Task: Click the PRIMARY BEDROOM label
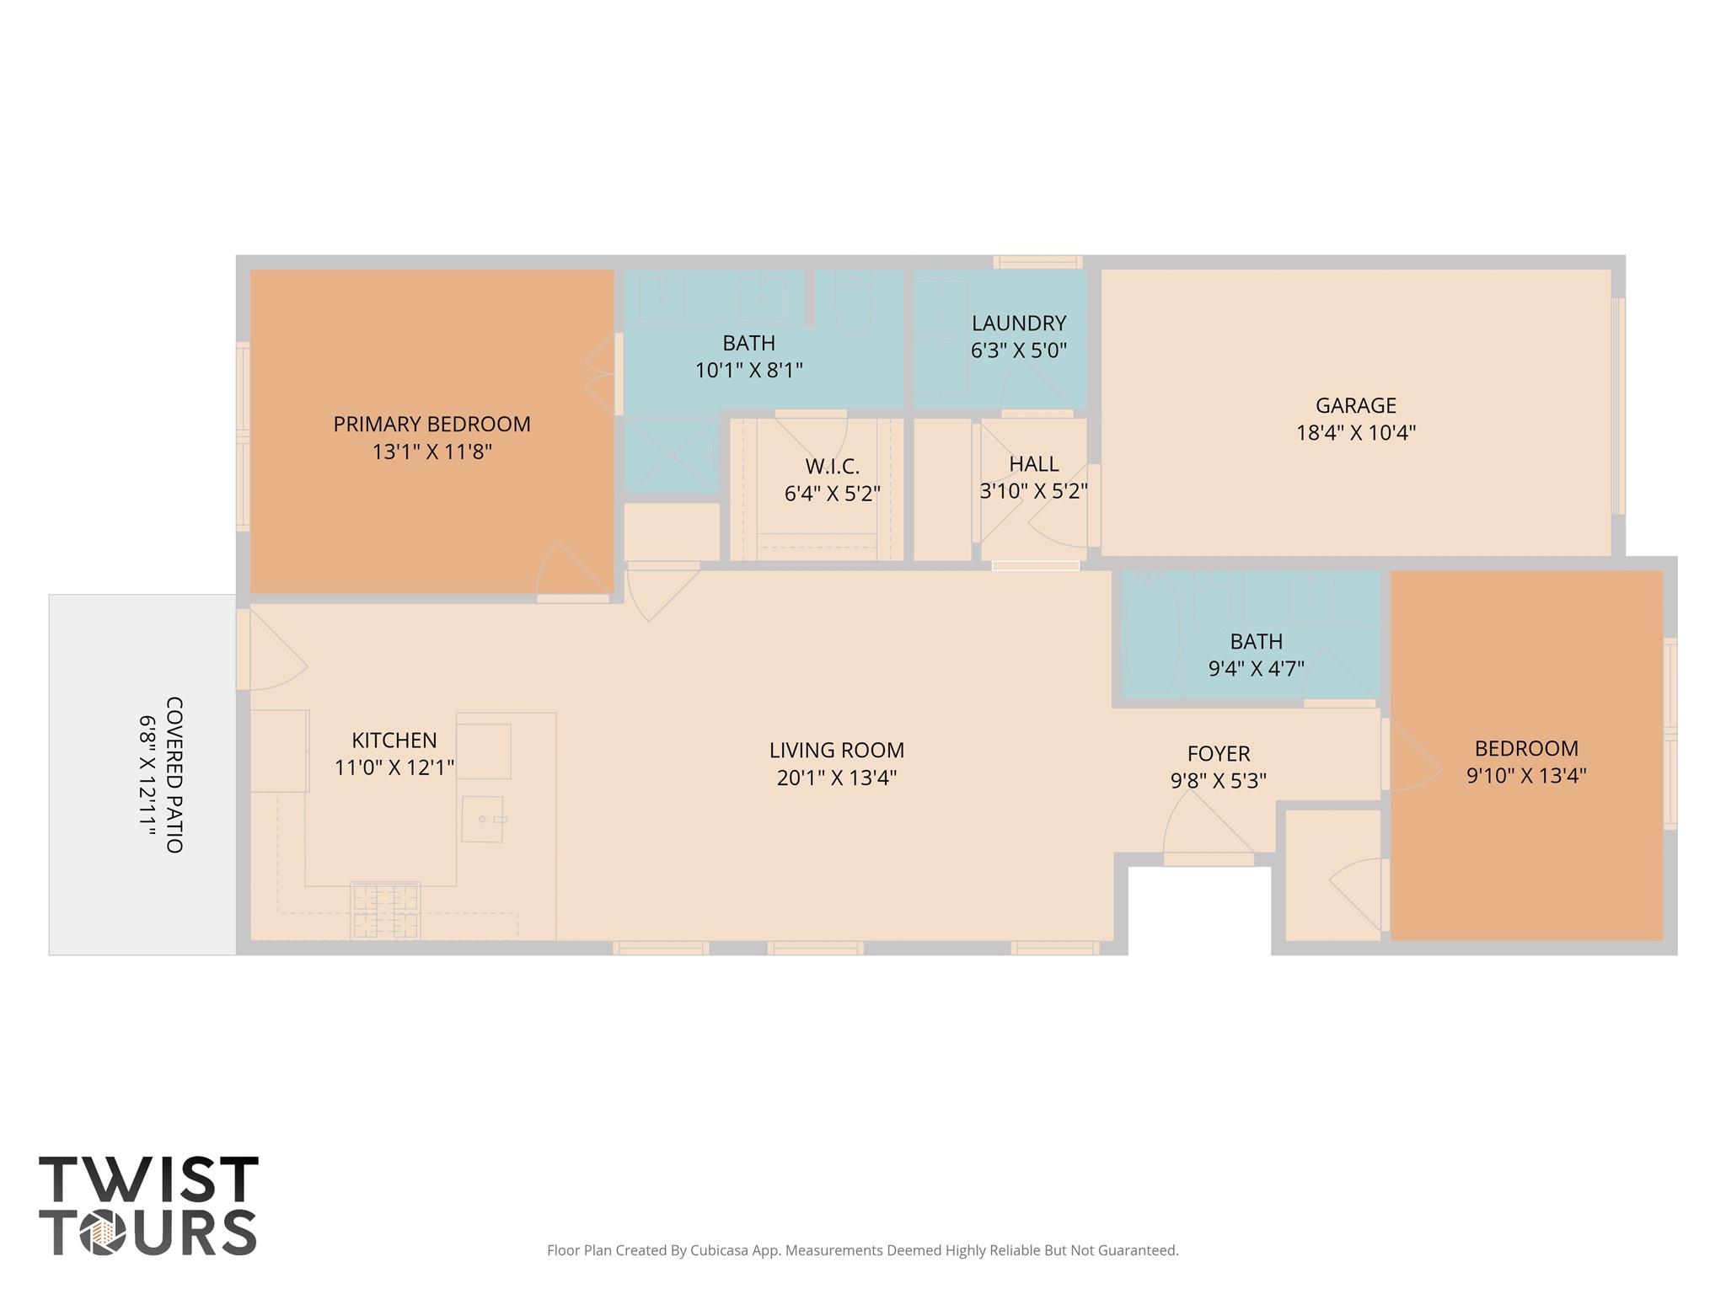(431, 424)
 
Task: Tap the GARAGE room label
(1355, 405)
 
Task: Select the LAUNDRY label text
(1019, 323)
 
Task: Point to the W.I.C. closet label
(833, 466)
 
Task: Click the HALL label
(1034, 463)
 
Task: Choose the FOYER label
(1219, 753)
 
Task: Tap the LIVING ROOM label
(836, 750)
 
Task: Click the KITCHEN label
(394, 740)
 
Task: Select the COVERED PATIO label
(174, 774)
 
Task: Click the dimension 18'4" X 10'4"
(1355, 433)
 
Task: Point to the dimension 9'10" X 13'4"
(1526, 775)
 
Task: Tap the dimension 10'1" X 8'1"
(748, 370)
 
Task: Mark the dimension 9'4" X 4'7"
(1256, 668)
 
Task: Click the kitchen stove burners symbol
(386, 911)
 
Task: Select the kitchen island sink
(483, 819)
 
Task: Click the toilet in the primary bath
(854, 302)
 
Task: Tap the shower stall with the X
(671, 456)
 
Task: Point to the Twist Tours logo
(148, 1206)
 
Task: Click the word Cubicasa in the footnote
(721, 1250)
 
